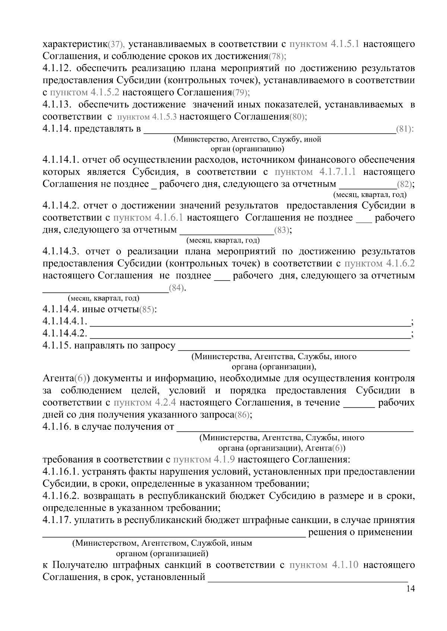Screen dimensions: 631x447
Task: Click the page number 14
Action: (x=410, y=589)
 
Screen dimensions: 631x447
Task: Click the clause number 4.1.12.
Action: (x=58, y=69)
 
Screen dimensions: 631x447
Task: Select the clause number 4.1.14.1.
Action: (x=61, y=160)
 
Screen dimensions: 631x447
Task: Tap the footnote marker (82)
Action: (x=404, y=184)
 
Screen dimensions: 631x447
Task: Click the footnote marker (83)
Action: (x=282, y=230)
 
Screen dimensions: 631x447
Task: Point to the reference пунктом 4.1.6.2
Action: (x=379, y=263)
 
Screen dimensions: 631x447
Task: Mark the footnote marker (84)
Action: (x=177, y=288)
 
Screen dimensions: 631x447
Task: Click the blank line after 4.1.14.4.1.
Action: (x=250, y=321)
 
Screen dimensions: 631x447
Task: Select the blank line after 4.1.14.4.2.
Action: (x=250, y=333)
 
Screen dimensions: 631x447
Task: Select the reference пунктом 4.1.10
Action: (x=324, y=565)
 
